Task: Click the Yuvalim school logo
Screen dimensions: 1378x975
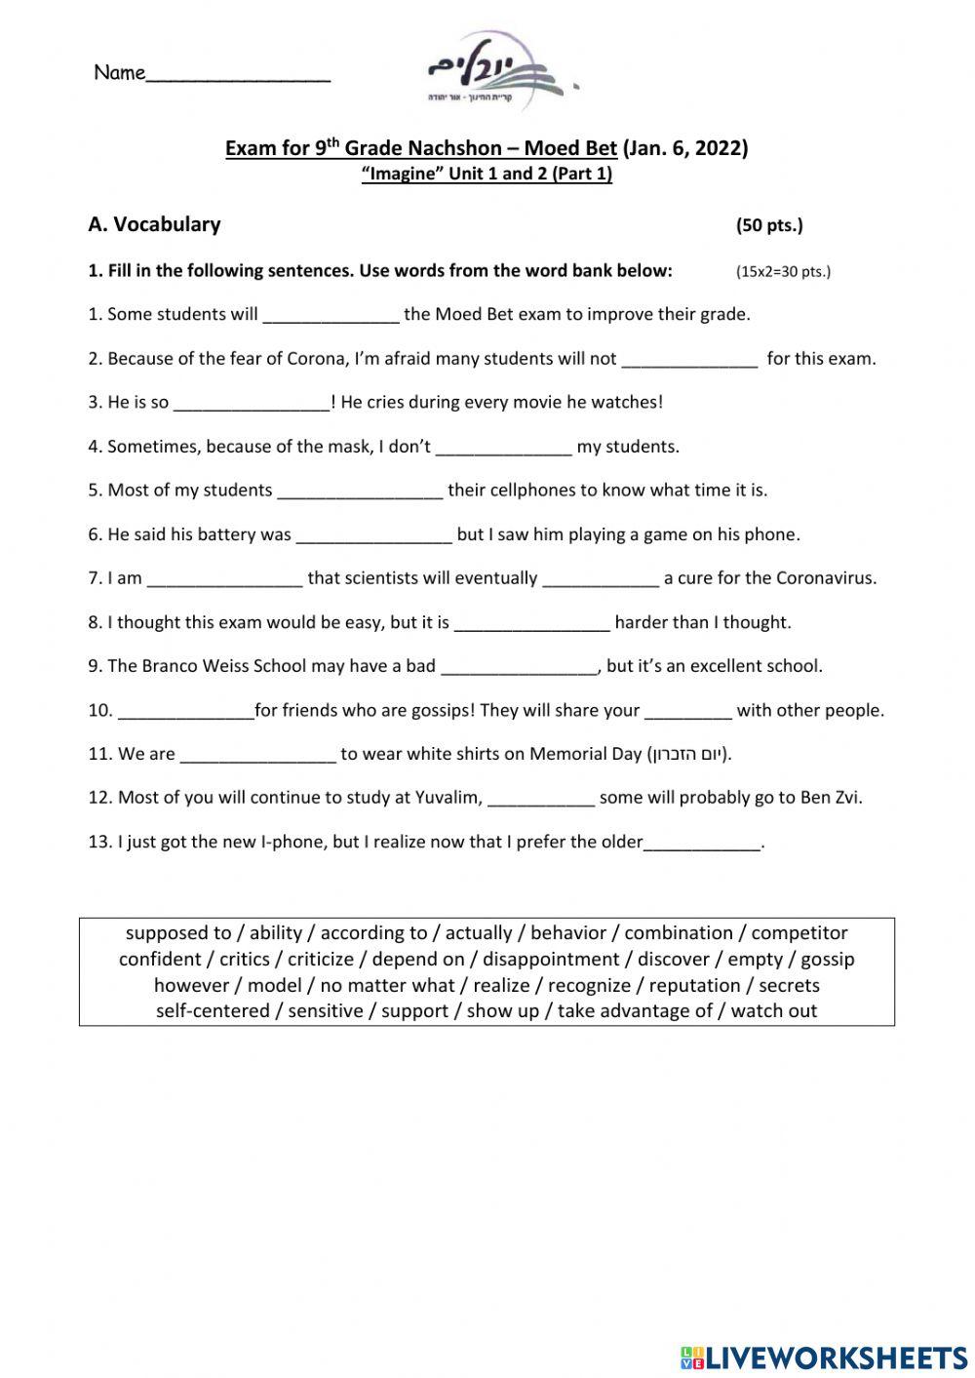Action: click(x=496, y=71)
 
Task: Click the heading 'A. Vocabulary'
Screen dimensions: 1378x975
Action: click(x=154, y=224)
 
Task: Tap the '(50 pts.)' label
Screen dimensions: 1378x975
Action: click(x=769, y=225)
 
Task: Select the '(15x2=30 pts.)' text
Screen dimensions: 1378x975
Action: click(x=783, y=271)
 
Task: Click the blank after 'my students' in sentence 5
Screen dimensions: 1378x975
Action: click(x=360, y=492)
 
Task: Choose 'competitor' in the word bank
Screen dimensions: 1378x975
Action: click(x=799, y=932)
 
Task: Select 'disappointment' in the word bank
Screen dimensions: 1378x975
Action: click(x=551, y=959)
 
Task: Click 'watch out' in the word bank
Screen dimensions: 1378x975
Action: click(x=773, y=1011)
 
